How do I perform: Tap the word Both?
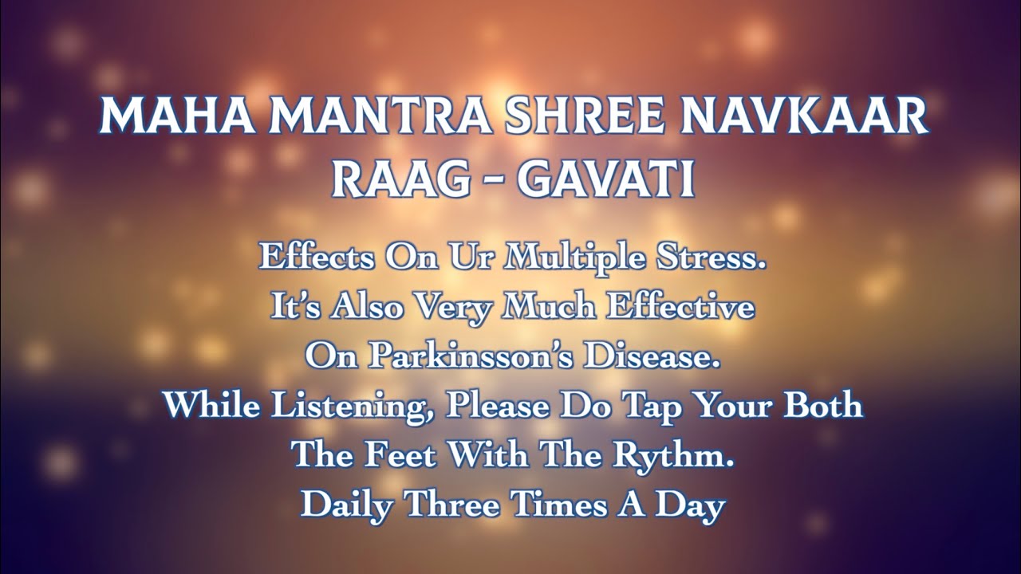(x=822, y=405)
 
